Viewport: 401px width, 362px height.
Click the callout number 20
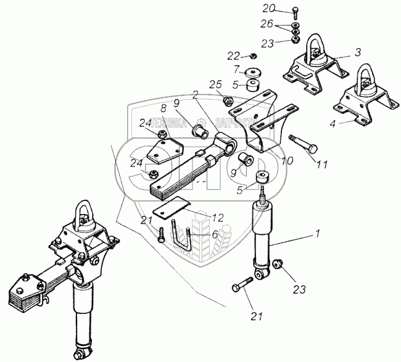point(267,9)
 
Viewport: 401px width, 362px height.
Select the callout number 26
point(266,25)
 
